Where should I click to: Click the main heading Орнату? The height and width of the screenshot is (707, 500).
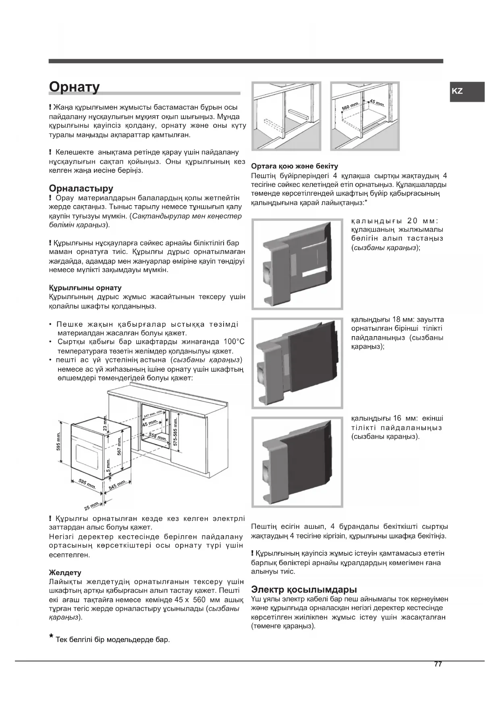click(74, 87)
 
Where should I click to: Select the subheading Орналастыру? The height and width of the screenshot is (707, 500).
click(81, 188)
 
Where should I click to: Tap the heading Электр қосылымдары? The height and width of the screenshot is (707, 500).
click(304, 589)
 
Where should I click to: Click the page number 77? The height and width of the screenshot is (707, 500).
click(438, 664)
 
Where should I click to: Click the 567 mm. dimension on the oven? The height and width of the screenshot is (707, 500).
click(119, 445)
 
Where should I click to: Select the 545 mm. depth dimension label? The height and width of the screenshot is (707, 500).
click(117, 485)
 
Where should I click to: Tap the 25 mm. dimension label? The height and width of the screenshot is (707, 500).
click(92, 505)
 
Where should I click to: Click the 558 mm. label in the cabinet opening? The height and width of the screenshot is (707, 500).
click(158, 436)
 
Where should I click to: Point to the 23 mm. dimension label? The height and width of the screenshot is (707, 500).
click(106, 424)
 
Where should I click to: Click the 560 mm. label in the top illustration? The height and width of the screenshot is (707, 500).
click(350, 107)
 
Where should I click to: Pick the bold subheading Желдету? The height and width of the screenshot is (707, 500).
click(65, 572)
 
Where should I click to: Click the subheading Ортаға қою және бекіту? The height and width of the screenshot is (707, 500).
click(295, 166)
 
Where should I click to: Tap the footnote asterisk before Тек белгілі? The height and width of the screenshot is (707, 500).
click(51, 637)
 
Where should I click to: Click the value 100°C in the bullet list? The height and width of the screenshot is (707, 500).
click(234, 342)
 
